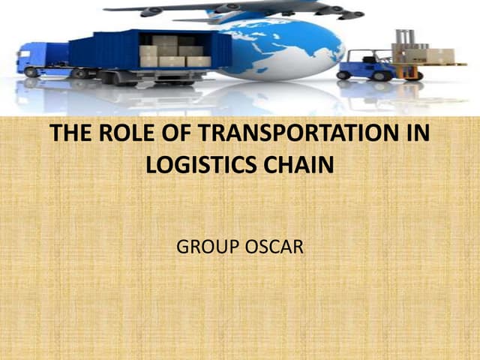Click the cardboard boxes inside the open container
[173, 51]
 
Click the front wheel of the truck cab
[31, 72]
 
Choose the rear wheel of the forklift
[344, 75]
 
